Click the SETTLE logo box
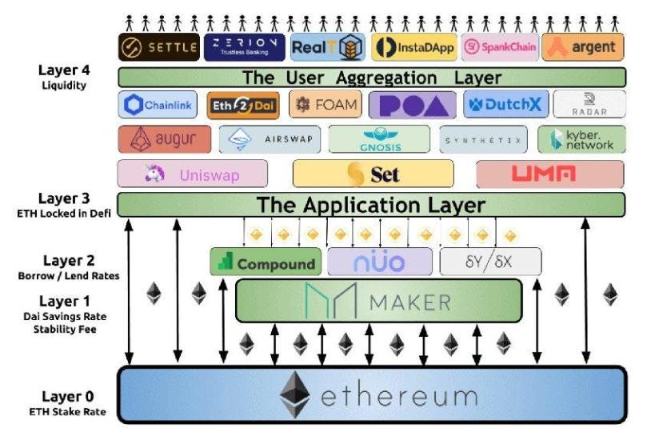[158, 47]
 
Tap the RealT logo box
[327, 47]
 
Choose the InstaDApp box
[414, 47]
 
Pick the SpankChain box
[499, 47]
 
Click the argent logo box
[582, 47]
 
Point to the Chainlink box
[158, 105]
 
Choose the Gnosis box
[379, 139]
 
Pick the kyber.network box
[581, 139]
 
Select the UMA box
[550, 174]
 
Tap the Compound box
[266, 262]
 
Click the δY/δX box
[489, 262]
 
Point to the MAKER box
[378, 301]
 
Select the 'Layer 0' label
[68, 397]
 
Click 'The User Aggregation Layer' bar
[371, 78]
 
